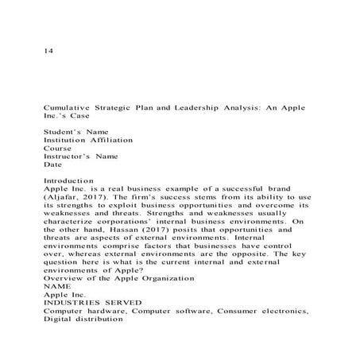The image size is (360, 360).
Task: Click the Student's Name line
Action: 76,131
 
